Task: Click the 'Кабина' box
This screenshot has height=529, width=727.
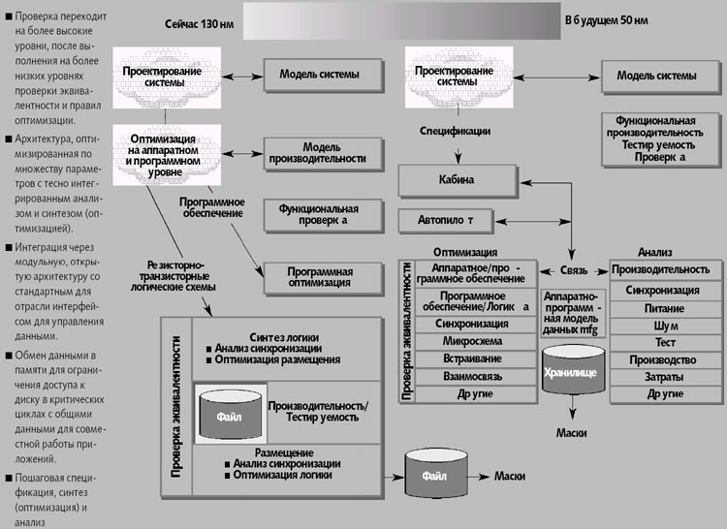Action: point(464,179)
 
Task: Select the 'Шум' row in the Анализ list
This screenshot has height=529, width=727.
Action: point(664,325)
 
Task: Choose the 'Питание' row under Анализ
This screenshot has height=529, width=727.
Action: point(664,307)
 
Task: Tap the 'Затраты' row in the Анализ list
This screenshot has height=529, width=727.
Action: point(664,377)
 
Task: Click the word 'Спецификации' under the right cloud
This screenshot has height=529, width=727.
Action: point(454,129)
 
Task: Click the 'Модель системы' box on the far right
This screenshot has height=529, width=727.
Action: point(656,76)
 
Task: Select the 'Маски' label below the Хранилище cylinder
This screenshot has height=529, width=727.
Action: point(574,432)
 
